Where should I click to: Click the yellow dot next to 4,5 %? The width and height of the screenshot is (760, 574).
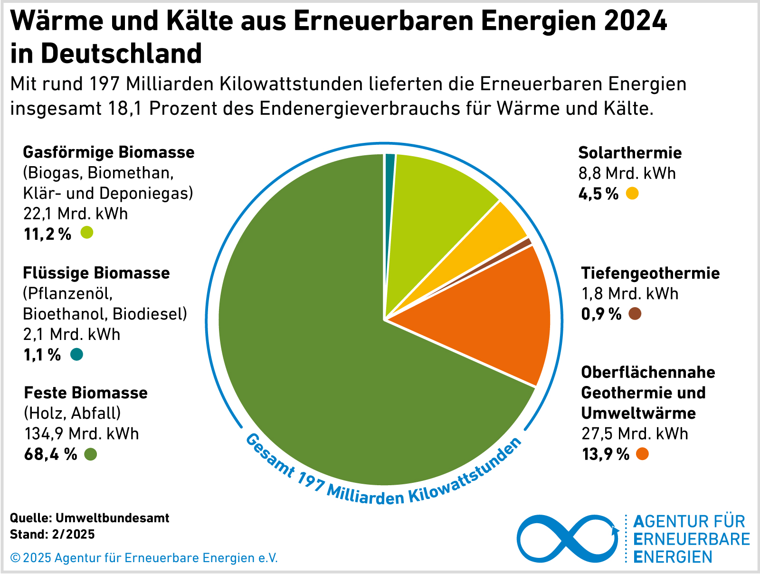pos(632,194)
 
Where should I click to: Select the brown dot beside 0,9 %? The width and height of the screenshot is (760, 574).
pos(635,314)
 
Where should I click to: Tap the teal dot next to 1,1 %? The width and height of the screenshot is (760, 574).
pos(76,355)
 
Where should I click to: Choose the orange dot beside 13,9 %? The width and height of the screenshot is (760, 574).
pos(642,454)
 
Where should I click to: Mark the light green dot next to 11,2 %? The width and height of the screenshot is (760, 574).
pos(86,233)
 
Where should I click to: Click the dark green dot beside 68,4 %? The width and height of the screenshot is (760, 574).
pos(90,454)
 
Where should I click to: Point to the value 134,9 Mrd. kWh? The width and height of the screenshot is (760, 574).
pos(81,433)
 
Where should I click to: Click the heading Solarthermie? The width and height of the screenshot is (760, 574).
pos(630,153)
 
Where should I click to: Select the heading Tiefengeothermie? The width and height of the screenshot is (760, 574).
pos(650,273)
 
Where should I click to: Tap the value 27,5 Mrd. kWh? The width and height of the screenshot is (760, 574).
pos(635,433)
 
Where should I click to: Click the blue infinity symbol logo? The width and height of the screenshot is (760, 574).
pos(568,539)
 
